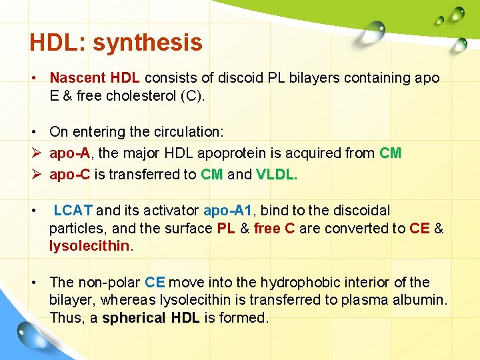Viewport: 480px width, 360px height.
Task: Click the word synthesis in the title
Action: [x=147, y=43]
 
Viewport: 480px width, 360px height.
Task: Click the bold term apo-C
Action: [x=69, y=175]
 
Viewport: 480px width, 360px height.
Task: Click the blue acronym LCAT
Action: [x=73, y=211]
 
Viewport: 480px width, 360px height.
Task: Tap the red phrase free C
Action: [x=275, y=229]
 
